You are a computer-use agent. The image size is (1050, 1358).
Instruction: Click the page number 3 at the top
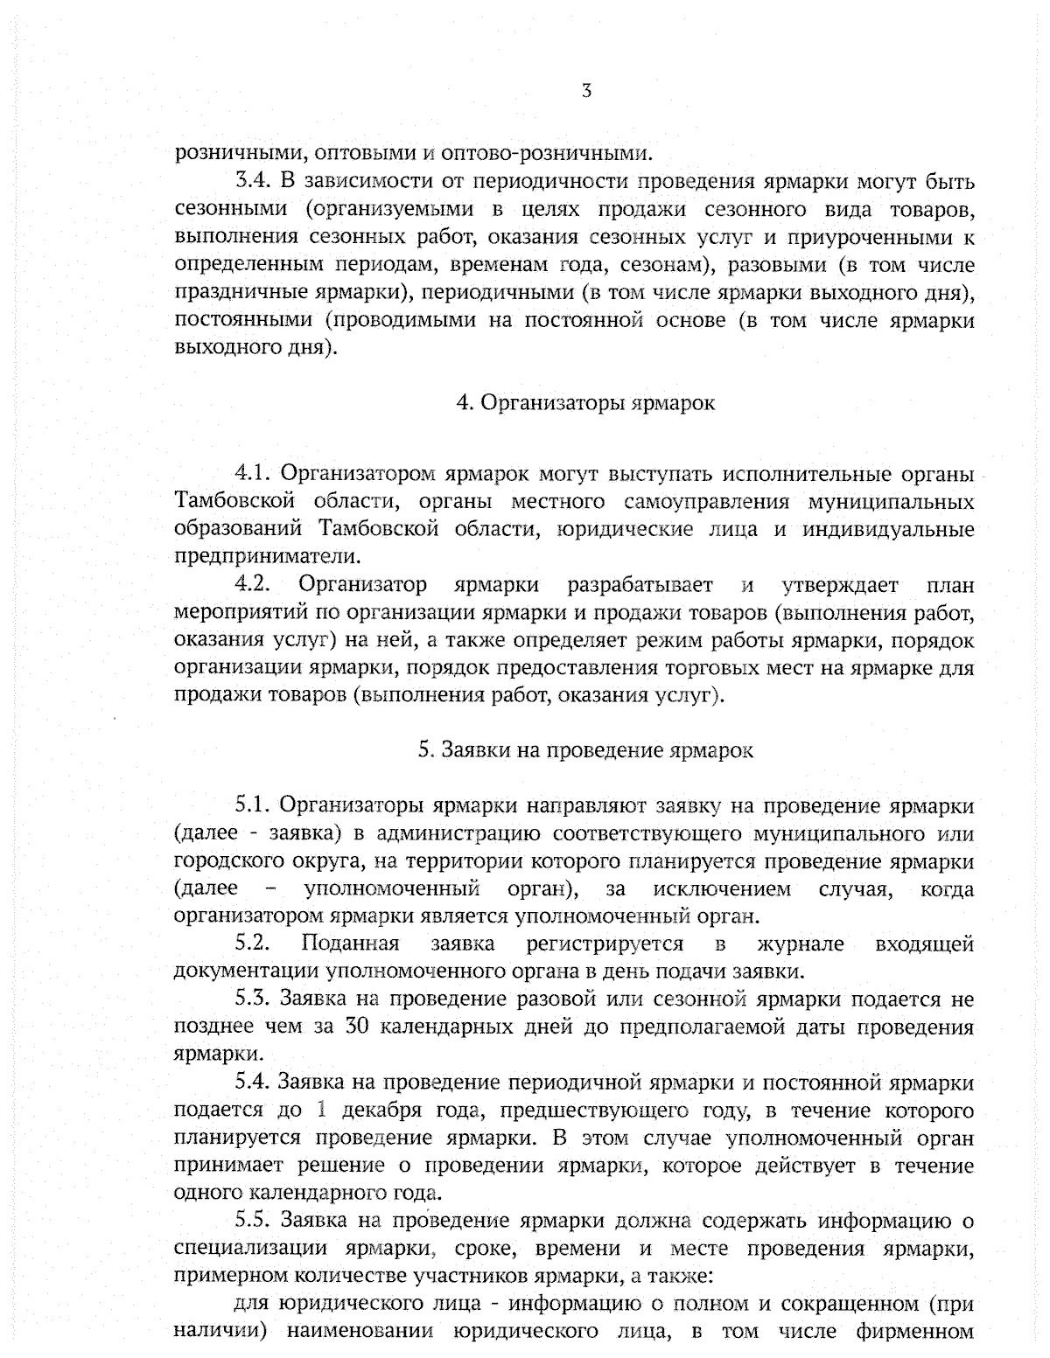[x=586, y=90]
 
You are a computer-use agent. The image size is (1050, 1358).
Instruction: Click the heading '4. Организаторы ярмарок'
[x=585, y=403]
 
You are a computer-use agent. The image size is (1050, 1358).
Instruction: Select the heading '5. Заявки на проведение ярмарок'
[x=585, y=750]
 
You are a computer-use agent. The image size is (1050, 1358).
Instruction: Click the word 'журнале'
[x=800, y=944]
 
